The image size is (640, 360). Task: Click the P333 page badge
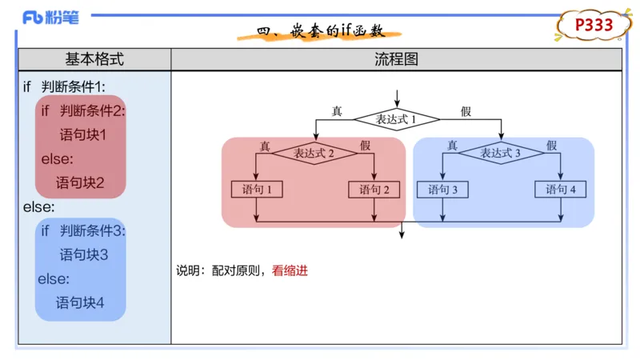594,25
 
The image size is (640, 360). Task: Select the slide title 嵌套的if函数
321,32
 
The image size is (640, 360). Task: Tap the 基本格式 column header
94,59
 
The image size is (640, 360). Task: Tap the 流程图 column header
396,59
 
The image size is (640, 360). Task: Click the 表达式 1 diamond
397,119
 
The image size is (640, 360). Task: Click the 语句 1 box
257,190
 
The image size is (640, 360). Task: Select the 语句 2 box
374,190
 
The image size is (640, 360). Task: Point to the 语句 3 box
442,190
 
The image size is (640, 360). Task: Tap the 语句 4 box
561,190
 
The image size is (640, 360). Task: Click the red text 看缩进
290,270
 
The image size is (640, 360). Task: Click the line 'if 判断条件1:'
65,86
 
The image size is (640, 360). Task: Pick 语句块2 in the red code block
80,182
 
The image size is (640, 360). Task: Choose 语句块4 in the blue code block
80,303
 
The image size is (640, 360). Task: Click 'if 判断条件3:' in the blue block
83,231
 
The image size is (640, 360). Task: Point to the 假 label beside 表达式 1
466,111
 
